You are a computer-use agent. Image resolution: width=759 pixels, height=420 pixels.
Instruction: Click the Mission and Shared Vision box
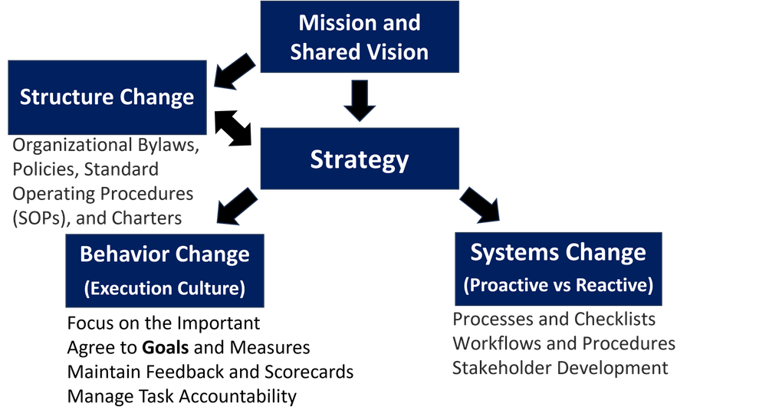360,37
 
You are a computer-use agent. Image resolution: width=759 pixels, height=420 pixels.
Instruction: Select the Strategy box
360,159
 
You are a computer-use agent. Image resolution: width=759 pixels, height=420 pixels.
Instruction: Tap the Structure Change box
107,97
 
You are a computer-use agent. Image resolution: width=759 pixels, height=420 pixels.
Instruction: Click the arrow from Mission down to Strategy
360,100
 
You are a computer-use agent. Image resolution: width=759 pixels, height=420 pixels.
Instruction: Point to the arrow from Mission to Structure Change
235,71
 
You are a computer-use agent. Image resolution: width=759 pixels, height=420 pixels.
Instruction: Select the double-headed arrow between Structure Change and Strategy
233,128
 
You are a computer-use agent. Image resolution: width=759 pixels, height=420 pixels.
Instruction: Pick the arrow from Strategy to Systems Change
480,205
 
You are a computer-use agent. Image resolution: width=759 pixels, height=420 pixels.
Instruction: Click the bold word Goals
165,347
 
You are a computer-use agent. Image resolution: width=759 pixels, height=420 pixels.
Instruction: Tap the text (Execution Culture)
165,288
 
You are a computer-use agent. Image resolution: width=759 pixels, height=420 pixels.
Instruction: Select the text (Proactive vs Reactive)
559,285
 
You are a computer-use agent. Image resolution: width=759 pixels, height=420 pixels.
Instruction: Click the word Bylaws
168,145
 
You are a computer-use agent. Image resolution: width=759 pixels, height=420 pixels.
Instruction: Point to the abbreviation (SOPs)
41,218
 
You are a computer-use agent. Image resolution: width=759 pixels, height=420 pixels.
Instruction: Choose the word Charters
146,218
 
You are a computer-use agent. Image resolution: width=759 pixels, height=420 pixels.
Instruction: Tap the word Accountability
237,396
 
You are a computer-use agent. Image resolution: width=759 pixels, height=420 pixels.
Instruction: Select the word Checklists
615,320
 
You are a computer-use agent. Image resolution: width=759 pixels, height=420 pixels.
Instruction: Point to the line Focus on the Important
163,323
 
